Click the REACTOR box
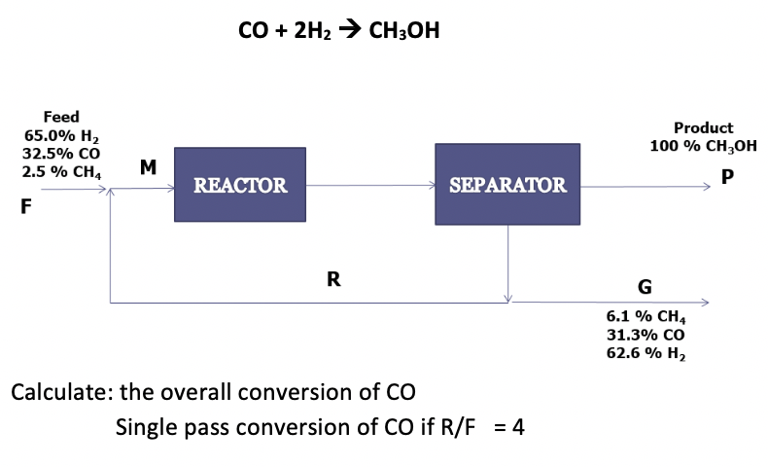(x=240, y=185)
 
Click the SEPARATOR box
(x=507, y=185)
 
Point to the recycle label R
(x=333, y=279)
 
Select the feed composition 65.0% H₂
(x=61, y=135)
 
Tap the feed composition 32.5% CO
(x=61, y=154)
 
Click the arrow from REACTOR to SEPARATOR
(x=369, y=185)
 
